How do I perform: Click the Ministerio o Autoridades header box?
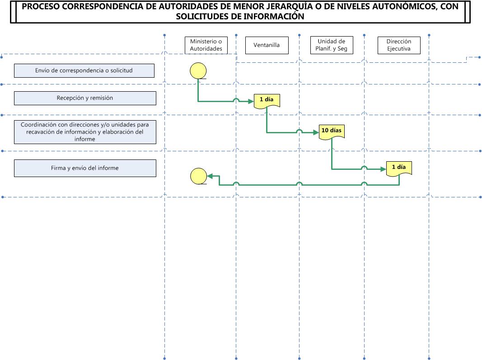pos(206,45)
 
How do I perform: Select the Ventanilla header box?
pos(267,45)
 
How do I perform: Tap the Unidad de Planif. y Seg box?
pos(332,45)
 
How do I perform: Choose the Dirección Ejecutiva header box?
pos(399,45)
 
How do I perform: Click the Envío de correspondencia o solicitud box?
pos(84,71)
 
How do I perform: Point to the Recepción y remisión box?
pos(85,98)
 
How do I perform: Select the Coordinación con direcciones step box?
pos(85,132)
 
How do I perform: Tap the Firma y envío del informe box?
pos(85,168)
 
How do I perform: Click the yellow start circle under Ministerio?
pos(198,71)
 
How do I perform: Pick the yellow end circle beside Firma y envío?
pos(199,176)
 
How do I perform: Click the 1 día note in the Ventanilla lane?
pos(267,101)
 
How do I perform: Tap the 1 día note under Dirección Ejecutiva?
pos(399,169)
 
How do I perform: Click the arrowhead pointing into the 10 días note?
pos(316,132)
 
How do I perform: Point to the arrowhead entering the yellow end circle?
pos(210,176)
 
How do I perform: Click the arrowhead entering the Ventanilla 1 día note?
pos(251,101)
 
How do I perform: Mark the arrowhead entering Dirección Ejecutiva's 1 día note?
pos(384,169)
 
